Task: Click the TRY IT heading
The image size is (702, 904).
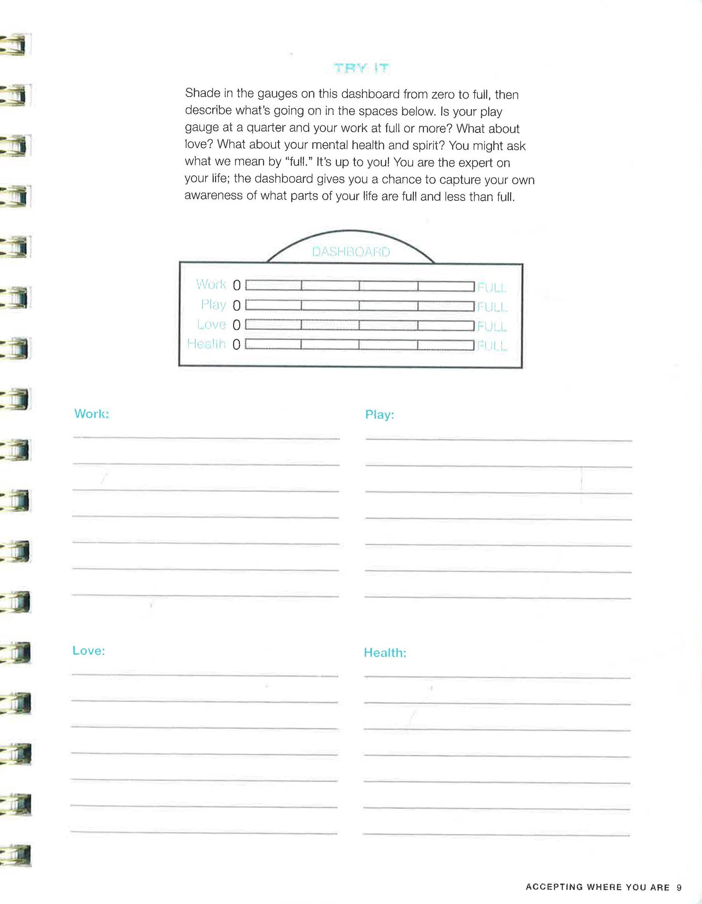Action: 361,68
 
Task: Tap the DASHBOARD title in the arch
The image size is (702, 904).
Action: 351,252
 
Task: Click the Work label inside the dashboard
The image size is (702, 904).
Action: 211,284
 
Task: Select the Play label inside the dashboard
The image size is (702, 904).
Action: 213,305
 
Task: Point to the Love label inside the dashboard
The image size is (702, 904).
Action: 212,324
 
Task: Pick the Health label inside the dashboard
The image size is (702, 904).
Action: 206,344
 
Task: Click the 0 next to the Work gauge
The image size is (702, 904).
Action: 237,285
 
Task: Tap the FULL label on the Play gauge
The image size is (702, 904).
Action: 492,307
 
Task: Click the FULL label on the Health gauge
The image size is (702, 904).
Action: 492,346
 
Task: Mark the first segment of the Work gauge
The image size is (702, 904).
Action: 274,285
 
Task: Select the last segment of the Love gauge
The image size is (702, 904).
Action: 446,325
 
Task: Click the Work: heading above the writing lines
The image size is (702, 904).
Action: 92,414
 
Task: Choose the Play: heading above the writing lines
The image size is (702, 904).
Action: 380,415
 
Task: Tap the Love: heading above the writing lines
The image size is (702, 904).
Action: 89,650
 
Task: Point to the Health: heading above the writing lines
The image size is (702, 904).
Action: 385,653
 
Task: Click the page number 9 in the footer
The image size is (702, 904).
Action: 679,887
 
